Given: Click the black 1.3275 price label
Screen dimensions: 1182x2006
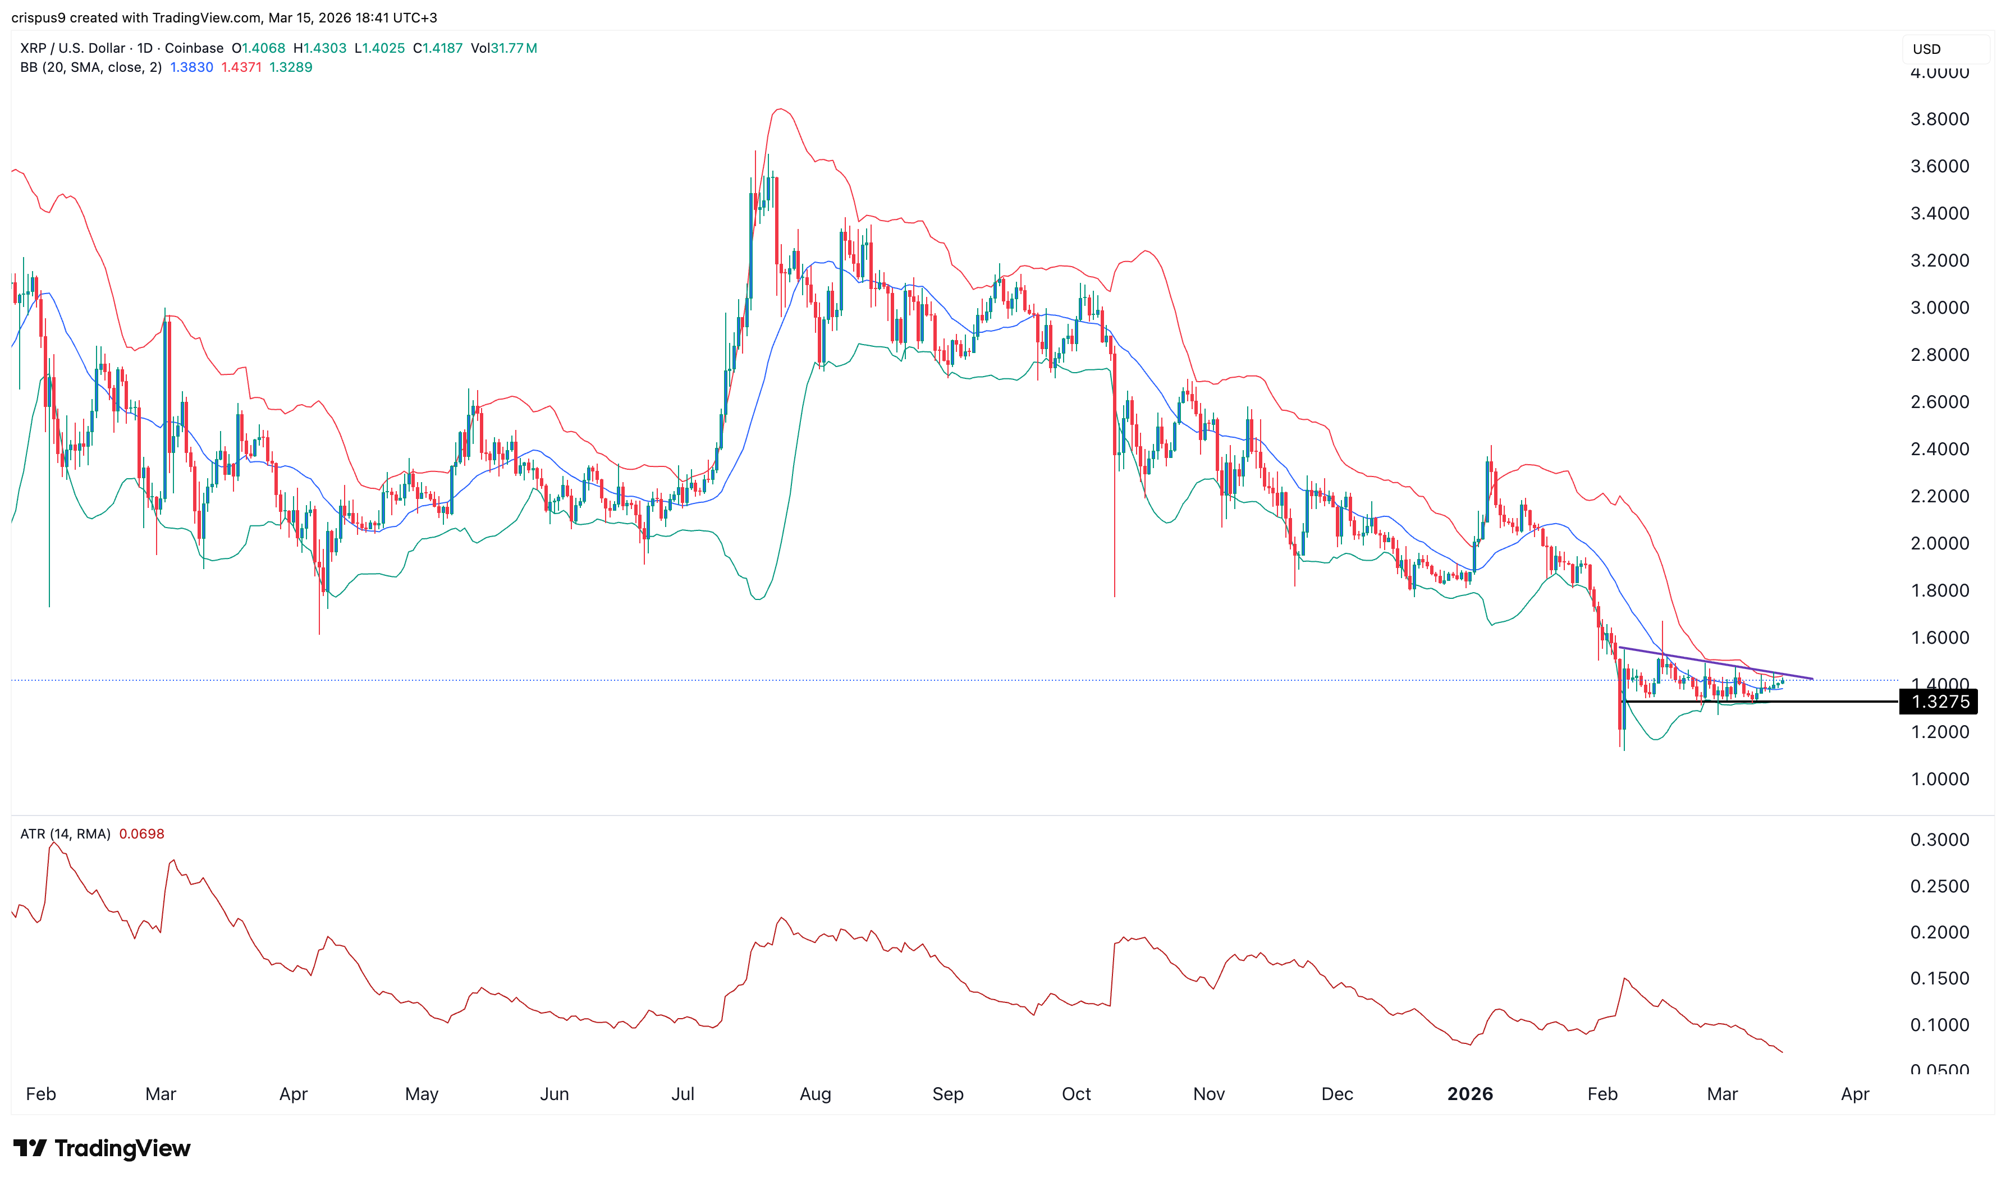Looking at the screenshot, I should [1939, 702].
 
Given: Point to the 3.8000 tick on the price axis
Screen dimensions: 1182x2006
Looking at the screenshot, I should [1939, 120].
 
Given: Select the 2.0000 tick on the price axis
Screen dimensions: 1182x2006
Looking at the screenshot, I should [1939, 543].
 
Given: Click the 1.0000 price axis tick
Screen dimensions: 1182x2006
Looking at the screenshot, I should [1939, 779].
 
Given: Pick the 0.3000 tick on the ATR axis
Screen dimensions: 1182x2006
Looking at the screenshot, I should [1939, 840].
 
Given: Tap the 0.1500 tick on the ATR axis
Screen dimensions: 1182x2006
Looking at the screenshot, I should [1939, 978].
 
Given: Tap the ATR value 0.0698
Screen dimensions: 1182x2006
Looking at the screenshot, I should [142, 834].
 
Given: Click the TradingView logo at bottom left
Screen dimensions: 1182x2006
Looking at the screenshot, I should [102, 1148].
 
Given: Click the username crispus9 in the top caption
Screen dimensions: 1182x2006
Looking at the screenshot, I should [38, 17].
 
